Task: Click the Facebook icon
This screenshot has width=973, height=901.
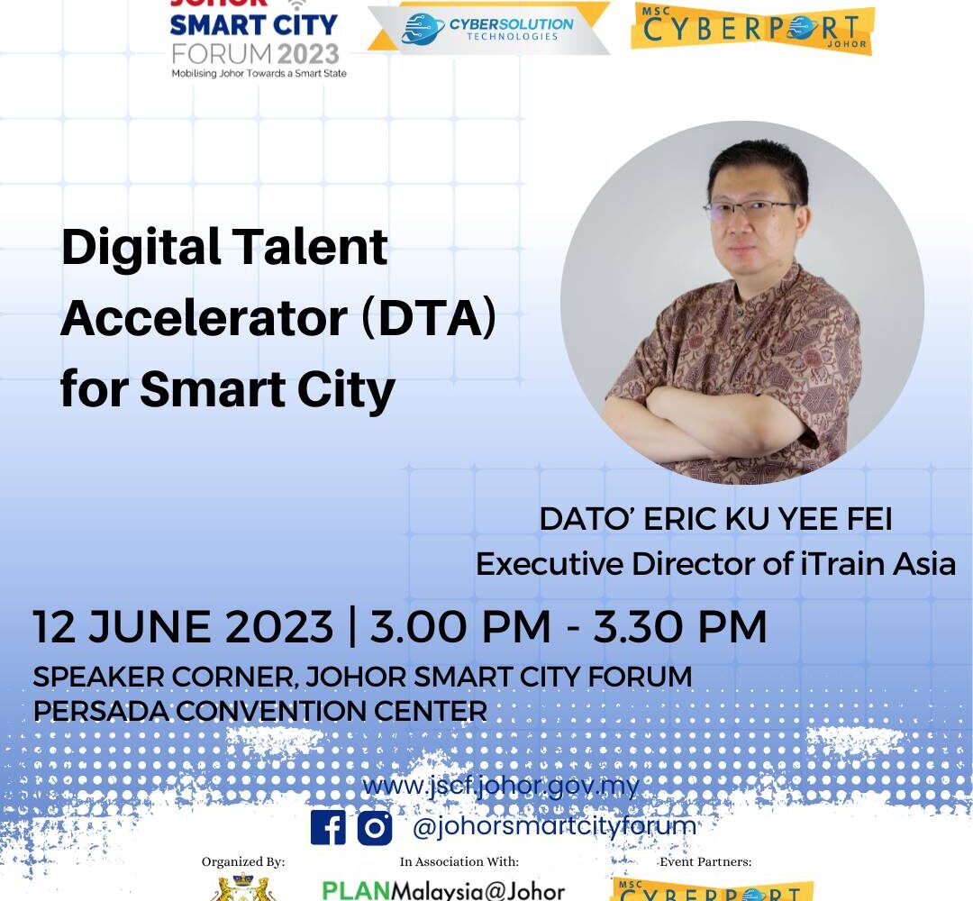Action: click(x=328, y=827)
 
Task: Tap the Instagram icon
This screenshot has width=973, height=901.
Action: click(x=375, y=828)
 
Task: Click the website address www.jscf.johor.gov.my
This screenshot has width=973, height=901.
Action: click(x=501, y=787)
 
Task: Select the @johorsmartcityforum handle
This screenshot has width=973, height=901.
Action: click(x=554, y=826)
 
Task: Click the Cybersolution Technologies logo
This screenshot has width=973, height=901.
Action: click(x=488, y=28)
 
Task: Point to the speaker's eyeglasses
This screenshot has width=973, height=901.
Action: click(x=751, y=209)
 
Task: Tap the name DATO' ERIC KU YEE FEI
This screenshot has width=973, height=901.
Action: click(x=715, y=519)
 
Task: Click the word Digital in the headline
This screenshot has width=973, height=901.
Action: click(x=141, y=247)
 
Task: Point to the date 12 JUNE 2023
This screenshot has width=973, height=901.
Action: click(x=183, y=626)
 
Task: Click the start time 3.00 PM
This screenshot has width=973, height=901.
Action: click(x=459, y=626)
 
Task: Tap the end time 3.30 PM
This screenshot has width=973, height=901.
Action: click(x=680, y=626)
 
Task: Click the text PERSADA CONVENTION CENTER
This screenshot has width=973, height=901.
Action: click(x=260, y=711)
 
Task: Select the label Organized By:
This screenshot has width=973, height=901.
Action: click(x=243, y=862)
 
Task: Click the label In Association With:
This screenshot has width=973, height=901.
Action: click(x=459, y=862)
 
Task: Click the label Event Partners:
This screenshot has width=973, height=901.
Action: click(x=705, y=862)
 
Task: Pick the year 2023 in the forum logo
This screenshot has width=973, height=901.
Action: click(x=308, y=55)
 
